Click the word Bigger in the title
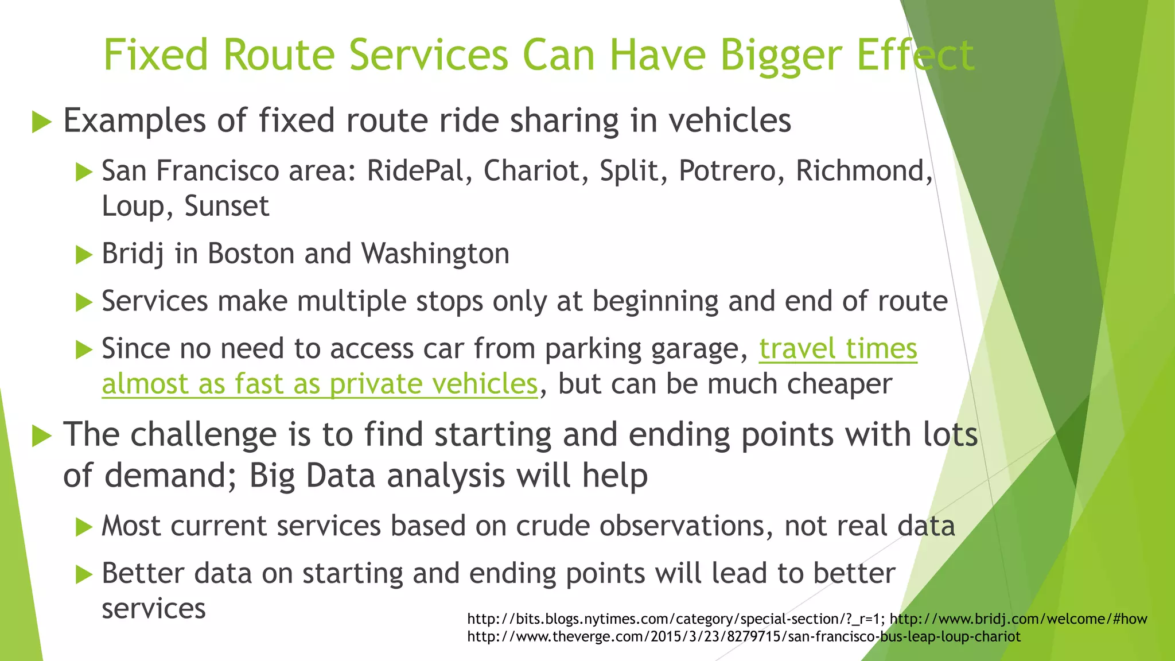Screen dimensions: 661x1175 [x=782, y=56]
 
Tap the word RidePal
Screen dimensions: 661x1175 [x=414, y=171]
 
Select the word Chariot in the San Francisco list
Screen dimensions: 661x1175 [x=531, y=171]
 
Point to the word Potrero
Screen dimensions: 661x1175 [x=726, y=171]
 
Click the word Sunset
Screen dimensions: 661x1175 [x=227, y=206]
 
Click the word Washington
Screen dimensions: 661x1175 [x=435, y=254]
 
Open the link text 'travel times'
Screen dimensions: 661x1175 [x=838, y=349]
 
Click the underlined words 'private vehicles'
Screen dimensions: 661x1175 [x=434, y=384]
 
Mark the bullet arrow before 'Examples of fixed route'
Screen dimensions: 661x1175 [x=42, y=122]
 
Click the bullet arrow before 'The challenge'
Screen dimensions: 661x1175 [x=42, y=436]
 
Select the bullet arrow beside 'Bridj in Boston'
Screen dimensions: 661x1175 [x=84, y=255]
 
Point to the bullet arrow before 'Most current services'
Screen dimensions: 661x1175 [x=84, y=527]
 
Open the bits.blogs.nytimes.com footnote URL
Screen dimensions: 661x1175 [x=675, y=619]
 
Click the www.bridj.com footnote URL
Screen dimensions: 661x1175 [x=1018, y=619]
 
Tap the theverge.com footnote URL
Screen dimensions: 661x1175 [x=744, y=636]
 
